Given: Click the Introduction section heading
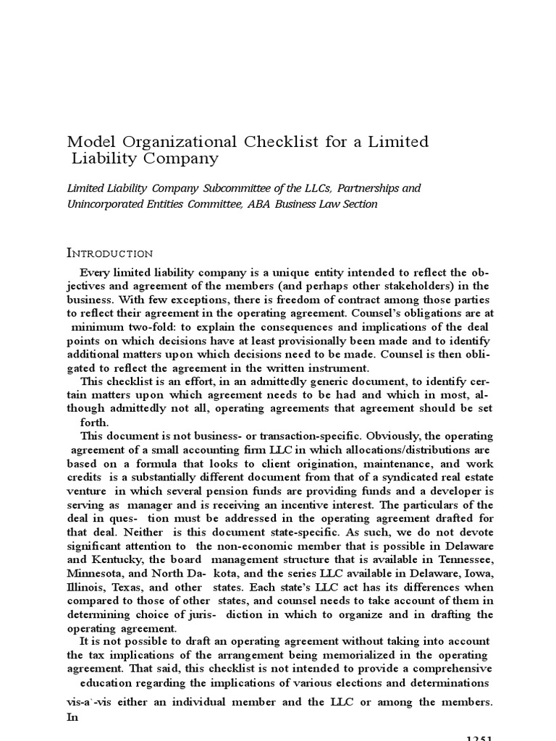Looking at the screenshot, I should (x=109, y=253).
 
